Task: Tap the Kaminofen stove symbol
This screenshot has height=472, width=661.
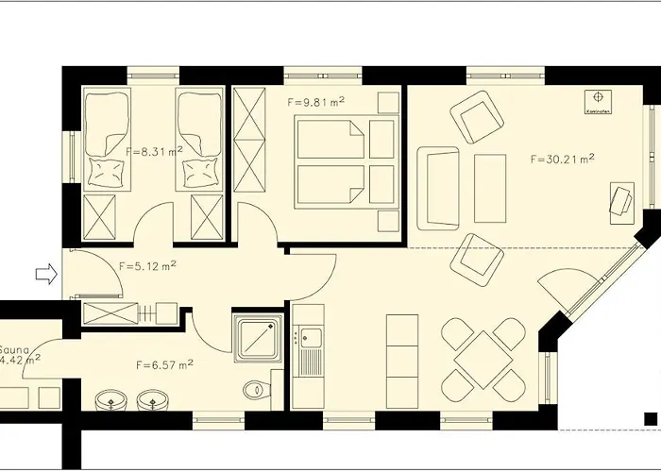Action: click(597, 98)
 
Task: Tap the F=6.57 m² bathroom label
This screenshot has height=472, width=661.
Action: click(165, 362)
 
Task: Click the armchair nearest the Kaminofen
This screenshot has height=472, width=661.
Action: click(478, 115)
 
